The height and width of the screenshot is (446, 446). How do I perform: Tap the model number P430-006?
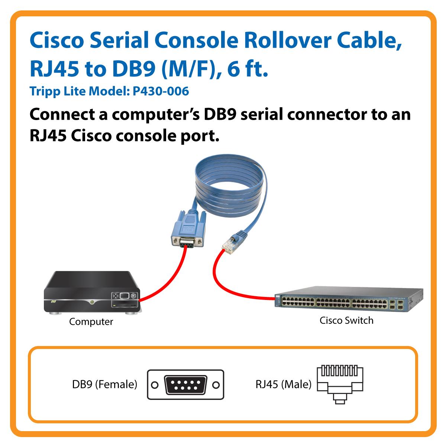[161, 91]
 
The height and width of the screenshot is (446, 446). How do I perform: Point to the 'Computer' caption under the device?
[91, 321]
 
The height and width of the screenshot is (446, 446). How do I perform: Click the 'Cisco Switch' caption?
[346, 320]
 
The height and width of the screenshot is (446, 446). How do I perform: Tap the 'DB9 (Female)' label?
[104, 384]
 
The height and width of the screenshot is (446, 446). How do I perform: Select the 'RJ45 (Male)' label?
[283, 384]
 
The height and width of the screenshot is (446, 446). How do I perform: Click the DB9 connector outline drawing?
[186, 385]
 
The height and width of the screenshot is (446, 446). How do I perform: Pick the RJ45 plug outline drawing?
[340, 384]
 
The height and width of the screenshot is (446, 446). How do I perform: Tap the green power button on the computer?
[92, 302]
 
